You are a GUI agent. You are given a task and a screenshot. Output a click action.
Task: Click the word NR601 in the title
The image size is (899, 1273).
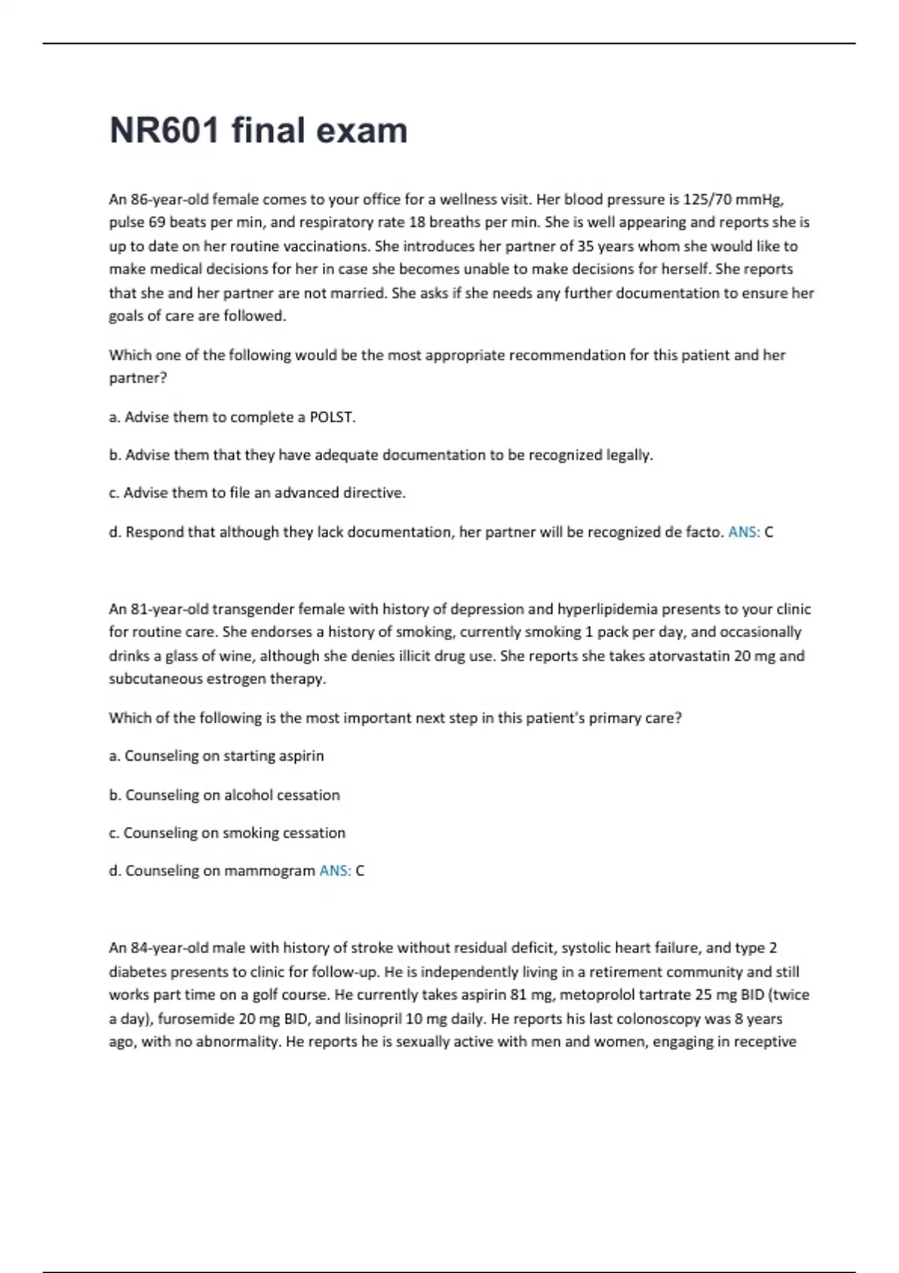(165, 130)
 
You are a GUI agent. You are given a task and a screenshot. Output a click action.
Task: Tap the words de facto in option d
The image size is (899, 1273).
(694, 532)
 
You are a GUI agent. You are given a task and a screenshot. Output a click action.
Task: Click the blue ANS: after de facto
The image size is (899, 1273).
(744, 532)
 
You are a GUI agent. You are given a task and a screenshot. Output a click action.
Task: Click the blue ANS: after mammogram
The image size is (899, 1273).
(335, 871)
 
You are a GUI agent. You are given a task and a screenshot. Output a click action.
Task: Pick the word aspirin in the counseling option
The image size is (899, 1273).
(300, 756)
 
